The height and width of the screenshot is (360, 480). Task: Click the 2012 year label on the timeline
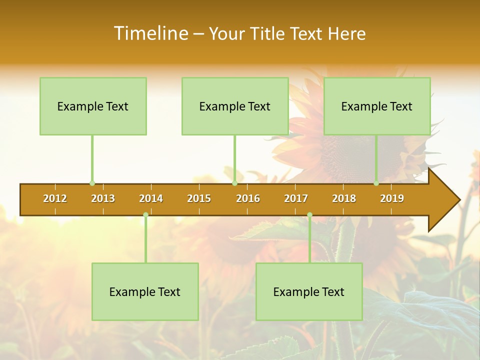click(x=55, y=198)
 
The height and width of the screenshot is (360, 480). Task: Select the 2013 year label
click(x=103, y=198)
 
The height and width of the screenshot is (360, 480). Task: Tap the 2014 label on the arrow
click(x=151, y=198)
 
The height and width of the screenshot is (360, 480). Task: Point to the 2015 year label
click(x=199, y=198)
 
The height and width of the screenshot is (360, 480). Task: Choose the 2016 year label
click(x=248, y=198)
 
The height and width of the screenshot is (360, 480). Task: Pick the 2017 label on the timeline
click(x=296, y=198)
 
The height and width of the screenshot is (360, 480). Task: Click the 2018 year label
click(x=344, y=198)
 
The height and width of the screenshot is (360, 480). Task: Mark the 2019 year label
click(x=392, y=198)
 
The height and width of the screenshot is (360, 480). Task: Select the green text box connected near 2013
click(x=93, y=106)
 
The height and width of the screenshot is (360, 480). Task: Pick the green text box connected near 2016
click(x=235, y=106)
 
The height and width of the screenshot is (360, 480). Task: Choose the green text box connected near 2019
click(x=377, y=106)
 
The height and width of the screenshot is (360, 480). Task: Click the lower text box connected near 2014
click(x=145, y=291)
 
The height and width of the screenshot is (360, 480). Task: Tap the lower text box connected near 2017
click(x=309, y=291)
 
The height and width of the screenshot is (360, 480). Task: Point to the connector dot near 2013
click(x=92, y=183)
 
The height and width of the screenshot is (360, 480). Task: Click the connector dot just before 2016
click(x=234, y=183)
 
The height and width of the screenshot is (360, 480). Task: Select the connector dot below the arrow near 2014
click(x=145, y=215)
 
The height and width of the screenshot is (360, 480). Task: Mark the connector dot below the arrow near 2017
click(x=309, y=215)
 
